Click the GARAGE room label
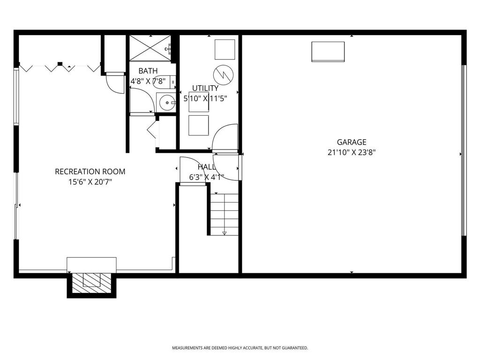[x=351, y=142]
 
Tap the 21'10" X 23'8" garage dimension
[x=351, y=152]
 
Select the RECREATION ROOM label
[x=90, y=172]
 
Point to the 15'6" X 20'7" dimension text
[x=90, y=182]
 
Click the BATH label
[x=148, y=71]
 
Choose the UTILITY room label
[x=205, y=88]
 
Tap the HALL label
[x=206, y=167]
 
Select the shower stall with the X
[x=150, y=47]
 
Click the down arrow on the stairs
[x=224, y=232]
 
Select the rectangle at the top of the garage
[x=328, y=52]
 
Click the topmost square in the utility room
[x=225, y=50]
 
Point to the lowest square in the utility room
[x=198, y=125]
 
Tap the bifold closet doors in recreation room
[x=59, y=67]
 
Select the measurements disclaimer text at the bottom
[x=240, y=348]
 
